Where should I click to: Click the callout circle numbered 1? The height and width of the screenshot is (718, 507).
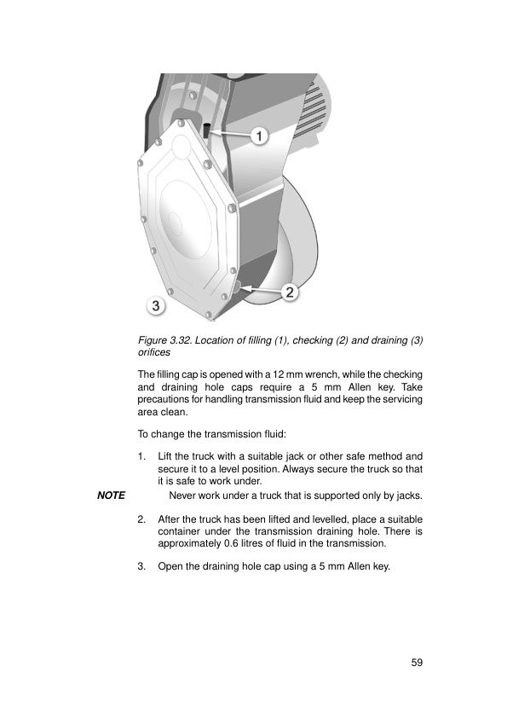(260, 136)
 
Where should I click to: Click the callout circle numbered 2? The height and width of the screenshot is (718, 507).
(289, 292)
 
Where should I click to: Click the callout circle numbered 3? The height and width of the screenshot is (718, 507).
(154, 304)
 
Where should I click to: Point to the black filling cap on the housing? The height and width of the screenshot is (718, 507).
(207, 130)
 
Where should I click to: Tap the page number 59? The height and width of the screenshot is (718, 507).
(417, 663)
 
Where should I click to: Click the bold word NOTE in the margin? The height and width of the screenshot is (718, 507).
(111, 495)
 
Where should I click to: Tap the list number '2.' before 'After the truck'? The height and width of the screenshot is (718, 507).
(142, 518)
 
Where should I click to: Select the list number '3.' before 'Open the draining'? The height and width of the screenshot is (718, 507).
(142, 564)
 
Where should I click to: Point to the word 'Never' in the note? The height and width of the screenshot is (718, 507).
(185, 495)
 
